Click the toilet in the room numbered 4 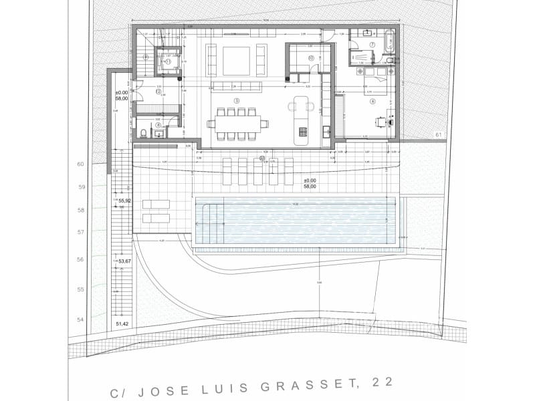pos(143,132)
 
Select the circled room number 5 pos(237,100)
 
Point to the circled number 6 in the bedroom pos(372,101)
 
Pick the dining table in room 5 pos(236,123)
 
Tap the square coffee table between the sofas pos(236,61)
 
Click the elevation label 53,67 pos(124,261)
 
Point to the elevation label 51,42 pos(123,323)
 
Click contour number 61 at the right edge pos(439,135)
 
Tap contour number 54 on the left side pos(81,319)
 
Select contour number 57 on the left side pos(81,232)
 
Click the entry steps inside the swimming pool pos(207,222)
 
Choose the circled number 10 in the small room pos(311,58)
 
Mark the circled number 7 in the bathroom pos(372,45)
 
